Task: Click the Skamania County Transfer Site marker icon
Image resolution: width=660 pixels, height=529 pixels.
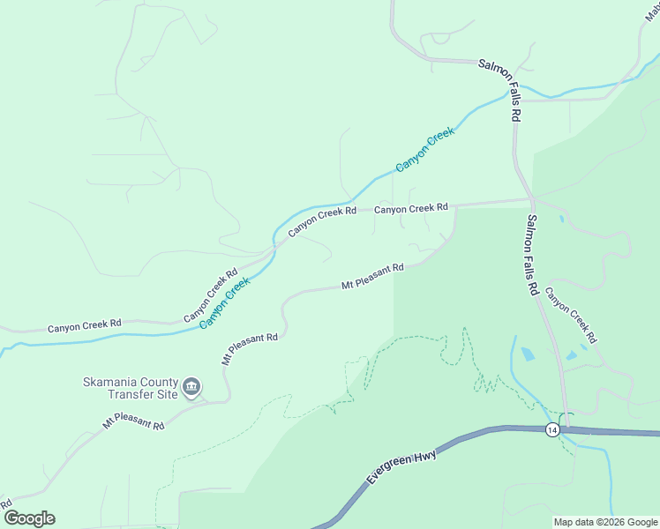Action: [191, 386]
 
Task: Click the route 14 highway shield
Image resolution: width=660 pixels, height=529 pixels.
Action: [552, 429]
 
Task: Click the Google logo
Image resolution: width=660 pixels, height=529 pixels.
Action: [29, 518]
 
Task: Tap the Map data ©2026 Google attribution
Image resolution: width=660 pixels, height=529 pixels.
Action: [604, 522]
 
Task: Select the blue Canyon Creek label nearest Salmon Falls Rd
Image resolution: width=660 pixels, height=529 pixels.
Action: [424, 149]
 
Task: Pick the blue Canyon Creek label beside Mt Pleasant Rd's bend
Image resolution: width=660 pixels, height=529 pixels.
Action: [224, 302]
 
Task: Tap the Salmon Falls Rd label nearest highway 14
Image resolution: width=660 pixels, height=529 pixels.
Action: [532, 256]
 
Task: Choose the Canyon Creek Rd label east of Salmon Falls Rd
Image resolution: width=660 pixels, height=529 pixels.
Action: [570, 315]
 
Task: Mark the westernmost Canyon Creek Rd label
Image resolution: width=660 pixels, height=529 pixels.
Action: [85, 325]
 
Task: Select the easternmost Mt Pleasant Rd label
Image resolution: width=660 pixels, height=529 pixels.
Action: [372, 275]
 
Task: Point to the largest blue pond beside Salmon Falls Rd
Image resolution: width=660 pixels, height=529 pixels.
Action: [528, 354]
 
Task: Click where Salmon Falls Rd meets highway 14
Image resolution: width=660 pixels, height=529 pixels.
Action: [566, 428]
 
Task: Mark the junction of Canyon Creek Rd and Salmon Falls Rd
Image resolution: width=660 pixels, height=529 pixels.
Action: [530, 199]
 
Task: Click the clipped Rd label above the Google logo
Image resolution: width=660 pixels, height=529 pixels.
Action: [5, 503]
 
